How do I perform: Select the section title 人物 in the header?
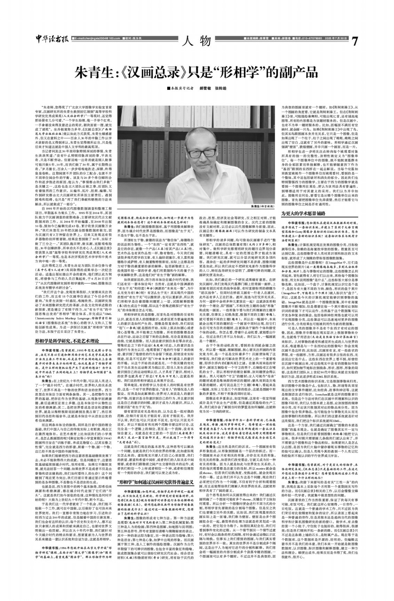[x=197, y=41]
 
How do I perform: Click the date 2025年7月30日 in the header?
[x=338, y=38]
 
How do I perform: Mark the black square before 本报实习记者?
[x=169, y=88]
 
